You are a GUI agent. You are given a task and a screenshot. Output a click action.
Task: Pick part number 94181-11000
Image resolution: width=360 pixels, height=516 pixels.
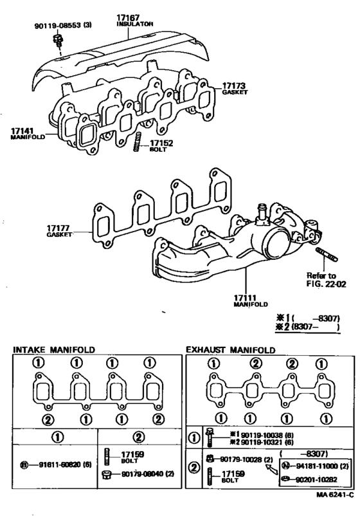(319, 465)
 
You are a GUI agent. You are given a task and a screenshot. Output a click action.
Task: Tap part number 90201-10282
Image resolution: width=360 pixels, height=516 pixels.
(319, 480)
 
